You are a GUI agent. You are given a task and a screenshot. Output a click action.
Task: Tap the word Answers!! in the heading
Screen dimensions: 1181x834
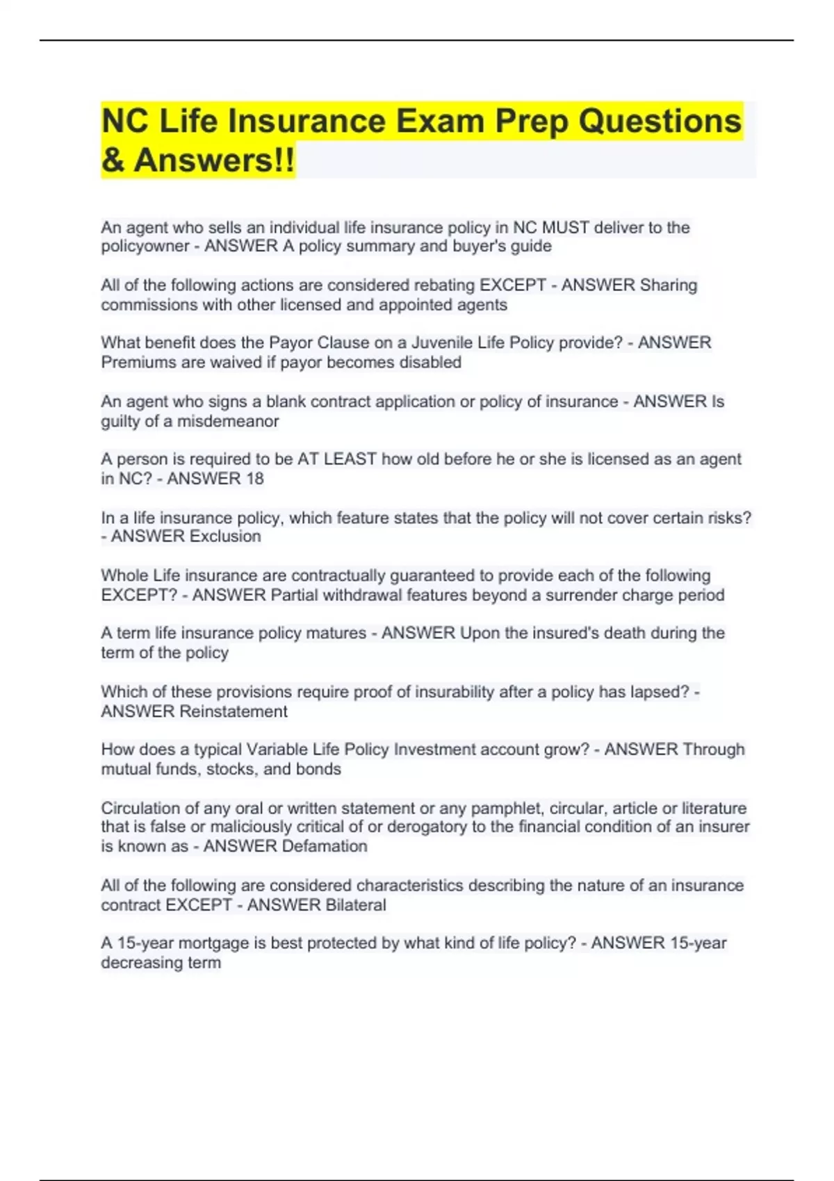(214, 160)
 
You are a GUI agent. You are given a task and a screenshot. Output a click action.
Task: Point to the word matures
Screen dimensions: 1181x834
(339, 633)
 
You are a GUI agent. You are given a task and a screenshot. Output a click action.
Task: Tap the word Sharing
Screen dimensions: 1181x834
(668, 286)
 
